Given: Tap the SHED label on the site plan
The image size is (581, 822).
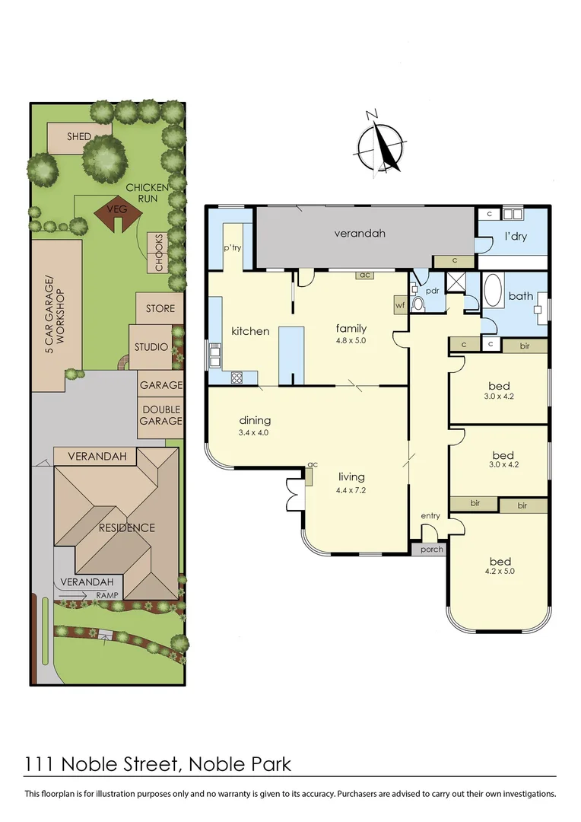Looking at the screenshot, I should [78, 137].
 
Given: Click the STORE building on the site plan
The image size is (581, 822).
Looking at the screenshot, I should [160, 308].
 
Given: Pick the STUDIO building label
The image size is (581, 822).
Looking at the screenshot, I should [151, 347].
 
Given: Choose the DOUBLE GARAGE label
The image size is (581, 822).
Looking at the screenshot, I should [160, 416].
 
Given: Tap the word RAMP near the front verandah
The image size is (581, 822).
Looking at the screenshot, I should [107, 596].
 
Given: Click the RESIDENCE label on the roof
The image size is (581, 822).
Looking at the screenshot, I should [125, 527].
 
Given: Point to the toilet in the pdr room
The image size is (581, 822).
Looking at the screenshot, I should [417, 304].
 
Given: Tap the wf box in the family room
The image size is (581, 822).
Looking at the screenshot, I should [401, 304].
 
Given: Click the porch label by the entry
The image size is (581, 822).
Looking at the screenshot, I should [431, 550].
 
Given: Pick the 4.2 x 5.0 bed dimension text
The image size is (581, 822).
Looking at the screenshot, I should [499, 570].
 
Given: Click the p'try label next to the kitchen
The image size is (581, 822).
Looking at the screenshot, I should [231, 248].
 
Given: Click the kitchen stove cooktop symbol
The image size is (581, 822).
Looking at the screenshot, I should [237, 376].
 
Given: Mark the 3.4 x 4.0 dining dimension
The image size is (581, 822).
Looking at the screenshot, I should [255, 432].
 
